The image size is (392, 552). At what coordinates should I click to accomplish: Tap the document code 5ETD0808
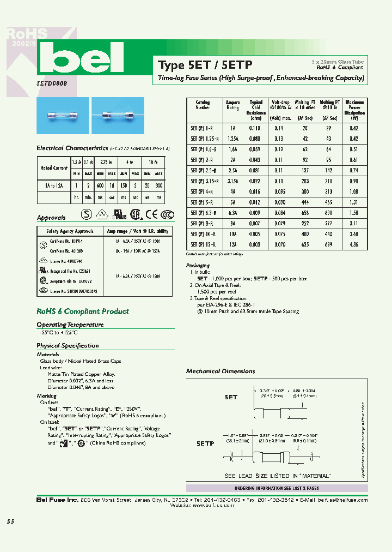click(x=52, y=86)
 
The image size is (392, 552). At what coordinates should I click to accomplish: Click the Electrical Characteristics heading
click(x=72, y=148)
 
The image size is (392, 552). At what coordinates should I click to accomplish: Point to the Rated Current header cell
click(x=53, y=168)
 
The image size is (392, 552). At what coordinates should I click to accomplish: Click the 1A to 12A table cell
click(x=53, y=185)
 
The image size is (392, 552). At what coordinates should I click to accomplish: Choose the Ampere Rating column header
click(x=232, y=105)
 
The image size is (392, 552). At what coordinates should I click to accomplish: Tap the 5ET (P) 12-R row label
click(x=203, y=245)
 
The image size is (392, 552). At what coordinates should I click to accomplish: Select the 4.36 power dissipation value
click(x=353, y=245)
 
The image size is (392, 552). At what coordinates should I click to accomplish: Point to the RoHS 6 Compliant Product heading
click(x=82, y=311)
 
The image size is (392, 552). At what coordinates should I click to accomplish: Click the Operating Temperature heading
click(x=70, y=325)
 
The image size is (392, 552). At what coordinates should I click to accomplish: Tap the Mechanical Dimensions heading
click(x=220, y=371)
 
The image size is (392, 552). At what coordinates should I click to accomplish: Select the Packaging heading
click(x=198, y=266)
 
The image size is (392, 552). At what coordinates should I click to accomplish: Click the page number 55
click(x=10, y=521)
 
